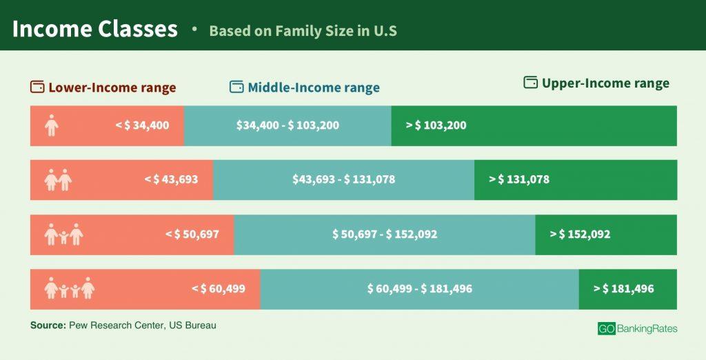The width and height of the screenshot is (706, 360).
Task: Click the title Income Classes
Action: [x=94, y=29]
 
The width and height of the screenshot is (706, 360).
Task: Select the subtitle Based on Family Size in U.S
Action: [x=303, y=31]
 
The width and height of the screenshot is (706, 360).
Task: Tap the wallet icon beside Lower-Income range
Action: [x=37, y=88]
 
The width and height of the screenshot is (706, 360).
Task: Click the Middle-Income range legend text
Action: [x=314, y=88]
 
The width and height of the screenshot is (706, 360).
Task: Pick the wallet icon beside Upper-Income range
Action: [x=530, y=83]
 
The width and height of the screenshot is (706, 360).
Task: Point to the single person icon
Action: [x=51, y=126]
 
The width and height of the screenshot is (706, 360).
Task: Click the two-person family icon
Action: [x=58, y=180]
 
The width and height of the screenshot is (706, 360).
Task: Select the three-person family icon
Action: [x=63, y=234]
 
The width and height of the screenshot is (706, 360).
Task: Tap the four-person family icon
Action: [x=69, y=288]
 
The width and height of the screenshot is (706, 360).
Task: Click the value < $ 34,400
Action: [x=142, y=126]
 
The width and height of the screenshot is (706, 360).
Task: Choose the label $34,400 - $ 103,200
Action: [x=288, y=126]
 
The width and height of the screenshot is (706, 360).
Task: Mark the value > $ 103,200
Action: [x=436, y=126]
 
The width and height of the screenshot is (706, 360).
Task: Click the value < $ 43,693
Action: [x=171, y=179]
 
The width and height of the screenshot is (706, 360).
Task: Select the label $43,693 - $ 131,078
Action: [x=343, y=179]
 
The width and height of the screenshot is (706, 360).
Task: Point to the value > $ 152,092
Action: [x=580, y=234]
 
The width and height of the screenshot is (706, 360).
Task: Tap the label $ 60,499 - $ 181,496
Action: [x=419, y=289]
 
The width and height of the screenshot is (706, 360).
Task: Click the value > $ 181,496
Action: [x=623, y=289]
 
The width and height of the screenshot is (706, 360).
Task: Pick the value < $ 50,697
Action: [x=192, y=234]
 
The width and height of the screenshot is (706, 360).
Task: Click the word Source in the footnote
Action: [x=47, y=325]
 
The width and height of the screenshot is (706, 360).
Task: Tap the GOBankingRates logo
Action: [x=637, y=329]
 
